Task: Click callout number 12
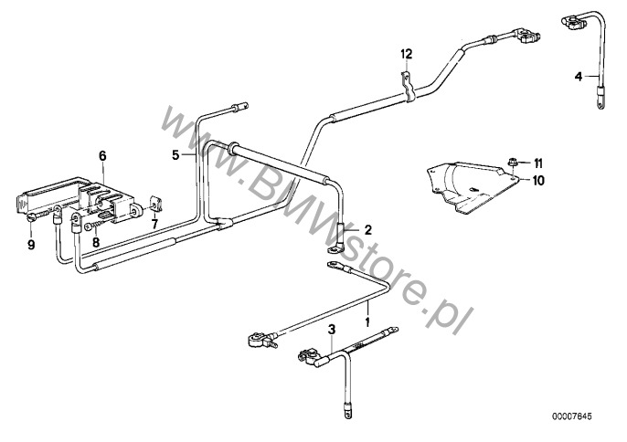click(x=406, y=54)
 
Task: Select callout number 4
click(x=579, y=76)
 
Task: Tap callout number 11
click(x=537, y=163)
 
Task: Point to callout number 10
click(x=538, y=181)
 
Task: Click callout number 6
click(x=102, y=155)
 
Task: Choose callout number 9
click(x=31, y=244)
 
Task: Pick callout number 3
click(x=331, y=330)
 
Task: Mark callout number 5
click(x=175, y=154)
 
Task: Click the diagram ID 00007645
click(x=571, y=416)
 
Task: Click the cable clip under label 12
click(x=407, y=86)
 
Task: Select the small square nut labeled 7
click(x=155, y=204)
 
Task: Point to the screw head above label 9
click(x=32, y=217)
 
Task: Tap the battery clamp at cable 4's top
click(x=572, y=23)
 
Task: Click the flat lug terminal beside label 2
click(x=335, y=250)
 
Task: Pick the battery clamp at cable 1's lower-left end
click(x=260, y=341)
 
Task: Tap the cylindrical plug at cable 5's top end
click(x=239, y=107)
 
